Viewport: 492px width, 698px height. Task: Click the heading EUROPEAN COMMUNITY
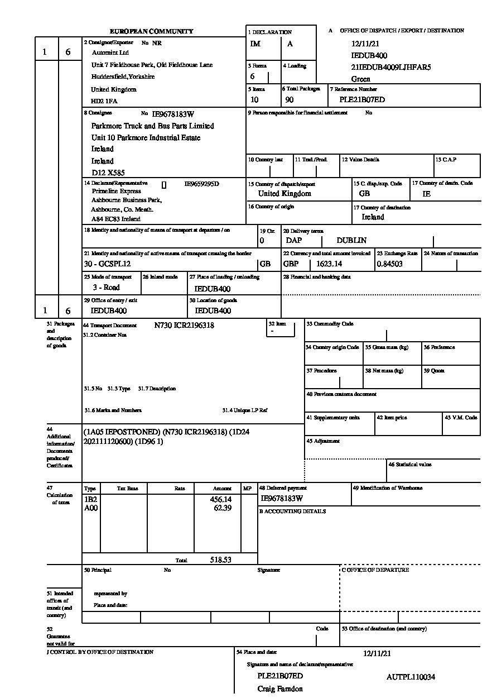point(151,31)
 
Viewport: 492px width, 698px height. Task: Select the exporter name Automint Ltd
point(110,52)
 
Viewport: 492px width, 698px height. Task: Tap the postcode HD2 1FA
point(104,101)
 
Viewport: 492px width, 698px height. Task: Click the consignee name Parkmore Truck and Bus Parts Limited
point(152,126)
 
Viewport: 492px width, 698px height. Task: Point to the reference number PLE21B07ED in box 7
point(362,100)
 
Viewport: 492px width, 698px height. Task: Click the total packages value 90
point(290,100)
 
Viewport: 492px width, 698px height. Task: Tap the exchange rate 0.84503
point(390,264)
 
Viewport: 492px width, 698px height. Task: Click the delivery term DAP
point(293,241)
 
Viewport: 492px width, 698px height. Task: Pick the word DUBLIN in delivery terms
point(351,241)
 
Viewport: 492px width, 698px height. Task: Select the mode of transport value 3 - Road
point(106,288)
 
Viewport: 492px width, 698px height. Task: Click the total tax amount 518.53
point(220,559)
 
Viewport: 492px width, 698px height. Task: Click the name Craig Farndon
point(280,689)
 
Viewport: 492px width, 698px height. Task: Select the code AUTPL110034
point(411,677)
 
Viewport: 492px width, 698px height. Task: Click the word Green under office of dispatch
point(360,79)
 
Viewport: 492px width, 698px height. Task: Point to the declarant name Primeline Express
point(116,191)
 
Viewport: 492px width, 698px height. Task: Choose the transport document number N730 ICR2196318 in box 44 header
point(184,325)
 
